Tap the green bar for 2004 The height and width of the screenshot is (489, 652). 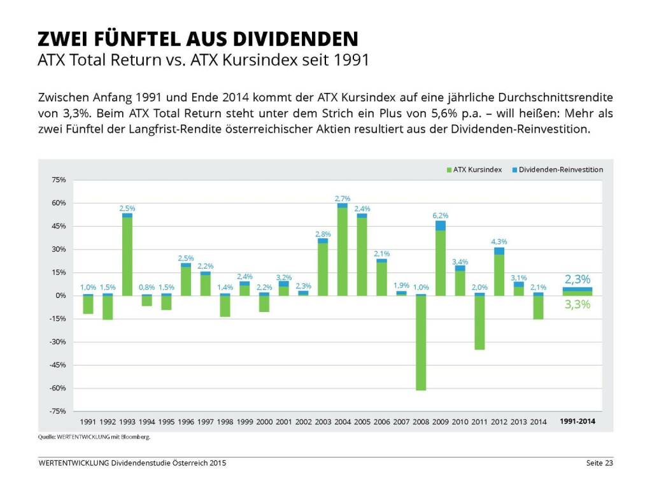pos(343,252)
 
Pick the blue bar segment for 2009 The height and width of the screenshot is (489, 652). pos(441,225)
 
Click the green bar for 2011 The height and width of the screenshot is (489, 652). pos(479,322)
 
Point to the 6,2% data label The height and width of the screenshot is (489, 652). pos(441,215)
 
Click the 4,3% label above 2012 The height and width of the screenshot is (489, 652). pos(499,241)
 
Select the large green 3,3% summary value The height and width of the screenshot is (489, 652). pos(578,305)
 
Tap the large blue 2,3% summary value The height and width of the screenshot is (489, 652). pos(578,279)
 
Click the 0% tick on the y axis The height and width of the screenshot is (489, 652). pos(61,296)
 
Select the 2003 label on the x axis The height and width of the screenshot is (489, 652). pos(323,422)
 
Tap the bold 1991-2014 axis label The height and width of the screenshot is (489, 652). pos(578,422)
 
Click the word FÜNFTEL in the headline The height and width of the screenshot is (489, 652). pos(132,39)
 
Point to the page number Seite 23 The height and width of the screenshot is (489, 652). pos(599,463)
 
